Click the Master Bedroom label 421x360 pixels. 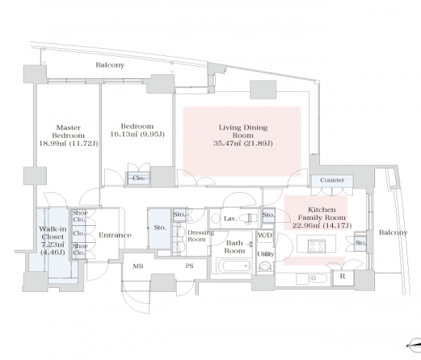point(68,132)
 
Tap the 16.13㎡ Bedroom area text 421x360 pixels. point(138,134)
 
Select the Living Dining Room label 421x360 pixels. point(243,131)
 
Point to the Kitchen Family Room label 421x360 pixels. point(321,214)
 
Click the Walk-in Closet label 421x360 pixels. point(53,233)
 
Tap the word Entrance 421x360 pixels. point(115,235)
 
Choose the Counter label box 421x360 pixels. point(332,181)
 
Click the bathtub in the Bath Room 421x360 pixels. point(234,266)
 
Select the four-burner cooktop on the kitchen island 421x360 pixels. point(317,246)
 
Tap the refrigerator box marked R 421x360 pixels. point(343,277)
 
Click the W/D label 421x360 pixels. point(265,235)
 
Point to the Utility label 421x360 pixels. point(266,254)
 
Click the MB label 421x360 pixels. point(138,266)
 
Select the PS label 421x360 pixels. point(189,266)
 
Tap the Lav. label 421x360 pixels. point(230,218)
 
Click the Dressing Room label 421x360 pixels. point(201,236)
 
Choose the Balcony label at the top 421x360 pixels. point(110,65)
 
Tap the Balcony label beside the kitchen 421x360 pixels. point(393,232)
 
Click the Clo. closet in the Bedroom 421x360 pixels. point(139,178)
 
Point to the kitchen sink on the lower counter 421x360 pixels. point(318,278)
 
